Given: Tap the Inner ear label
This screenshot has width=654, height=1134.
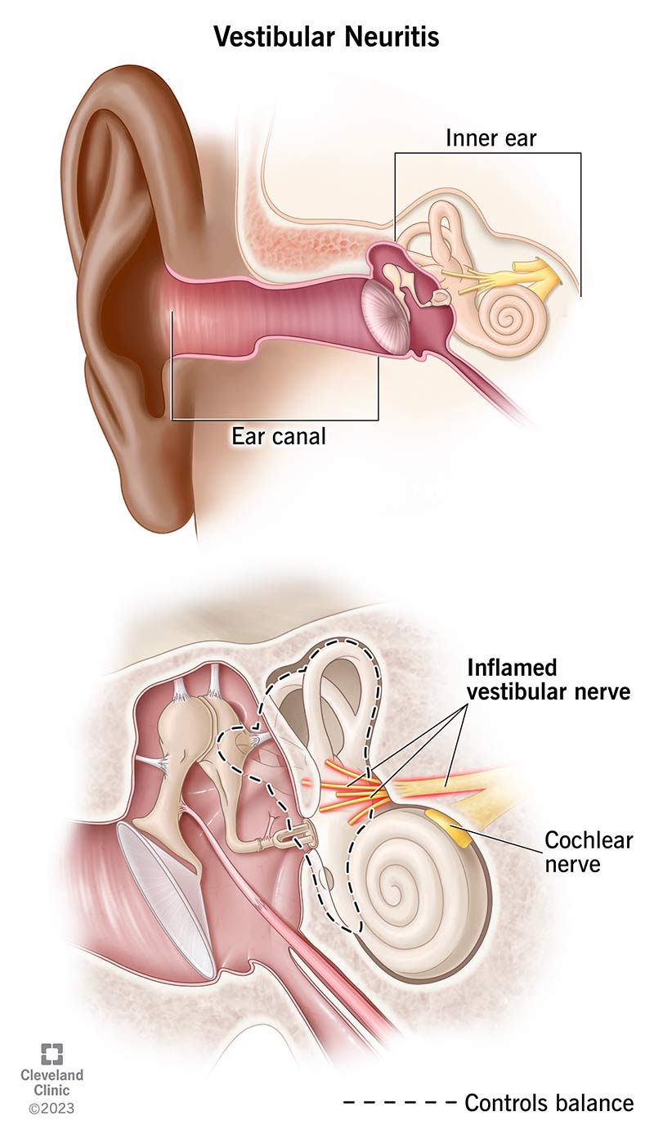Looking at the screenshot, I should coord(490,137).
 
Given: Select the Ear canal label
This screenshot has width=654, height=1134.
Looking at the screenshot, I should coord(279,436).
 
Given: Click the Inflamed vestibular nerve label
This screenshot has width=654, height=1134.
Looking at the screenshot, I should coord(548,677).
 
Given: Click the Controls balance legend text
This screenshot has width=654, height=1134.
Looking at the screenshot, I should coord(549,1102).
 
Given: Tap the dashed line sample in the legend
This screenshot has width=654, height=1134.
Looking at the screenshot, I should coord(400,1103).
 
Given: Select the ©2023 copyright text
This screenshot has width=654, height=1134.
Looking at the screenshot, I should coord(51,1109).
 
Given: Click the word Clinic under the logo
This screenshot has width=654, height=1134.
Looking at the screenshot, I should coord(51,1091).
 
